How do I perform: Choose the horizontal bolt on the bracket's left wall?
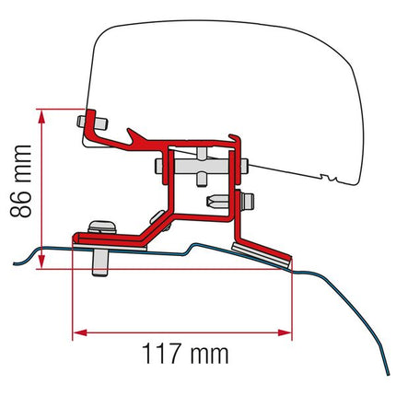164,168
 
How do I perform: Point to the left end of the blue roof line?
14,261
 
